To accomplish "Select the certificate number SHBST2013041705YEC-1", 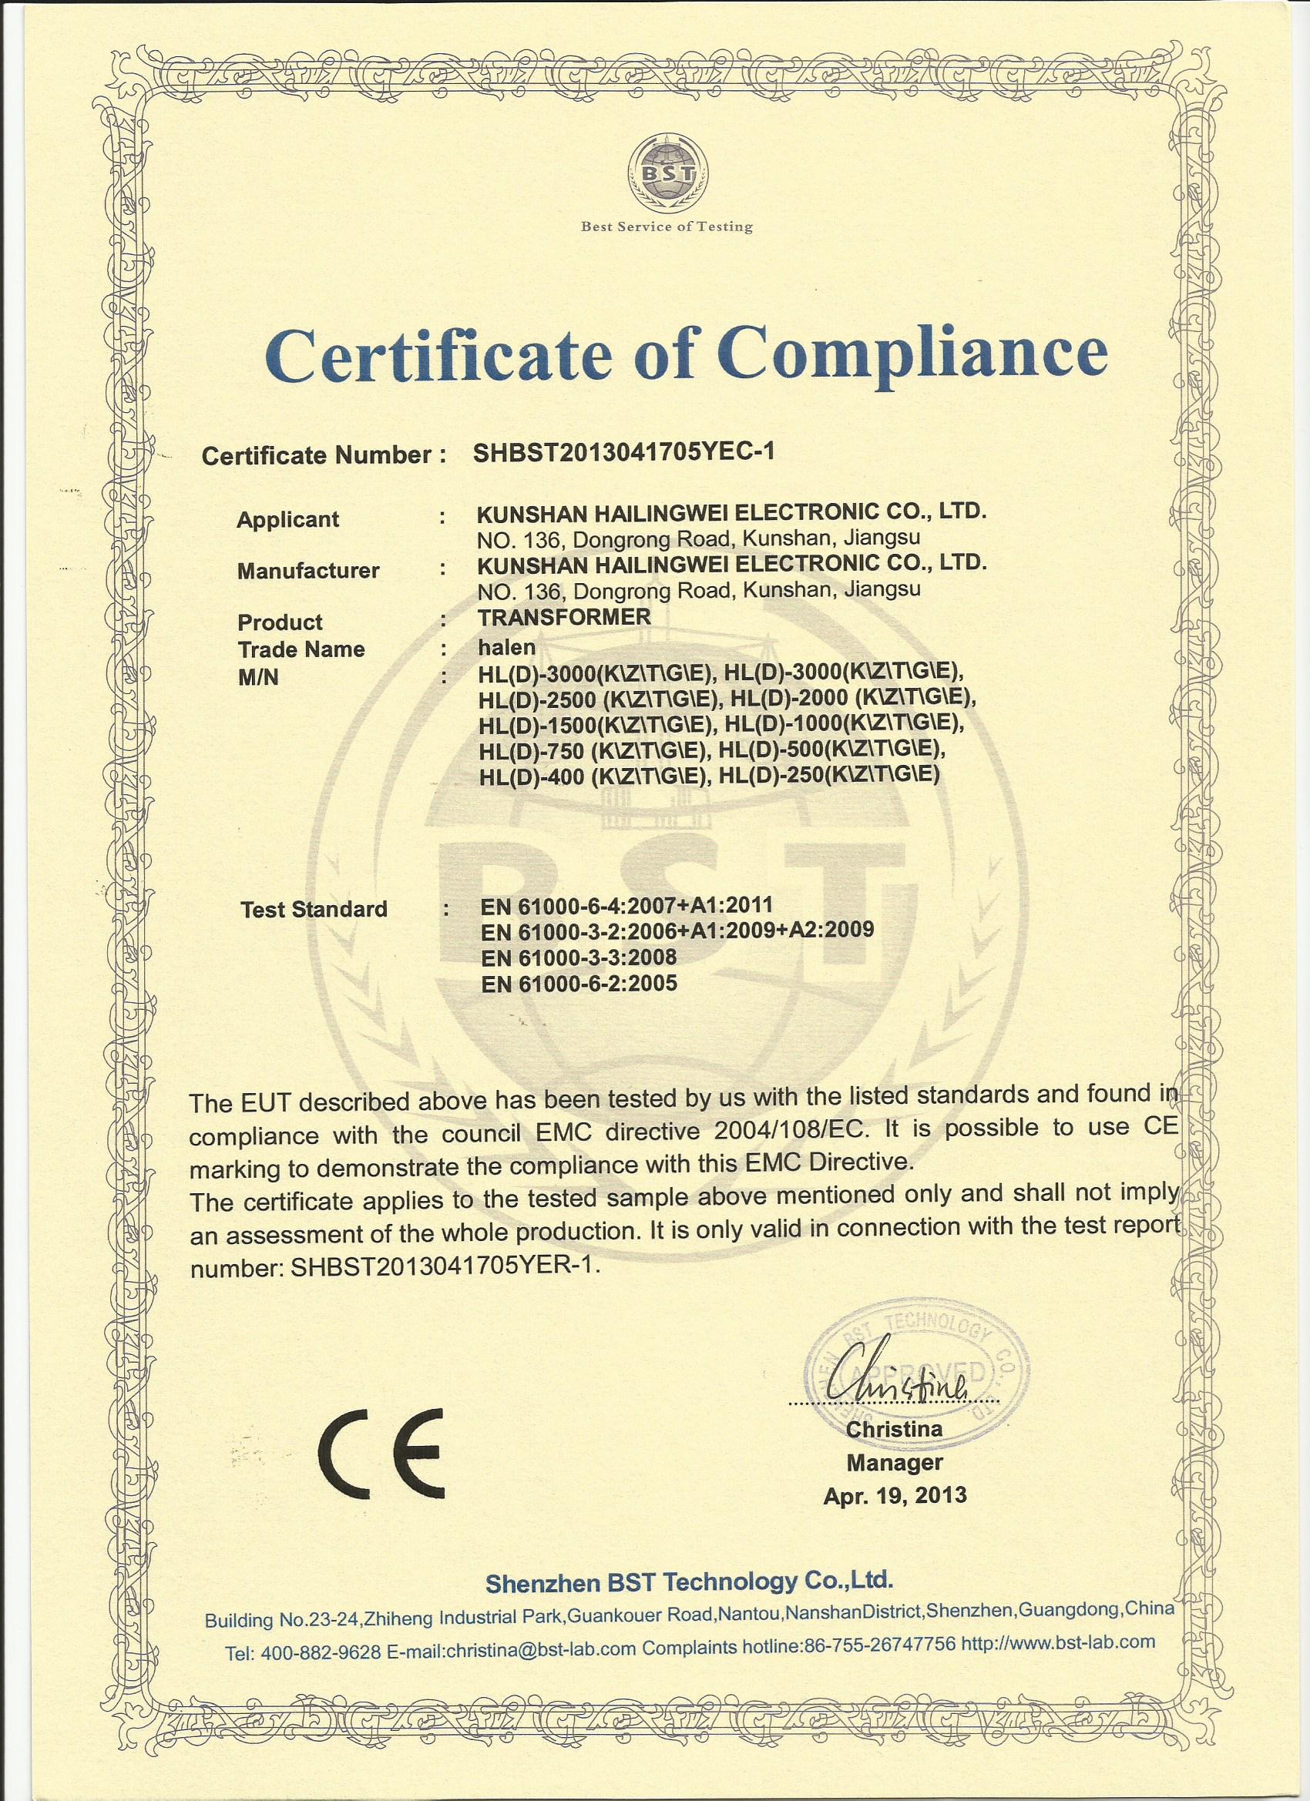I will click(623, 451).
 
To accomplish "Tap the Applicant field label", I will click(287, 519).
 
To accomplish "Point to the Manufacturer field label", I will click(308, 570).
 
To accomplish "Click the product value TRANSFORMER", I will click(564, 616).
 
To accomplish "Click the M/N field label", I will click(258, 677).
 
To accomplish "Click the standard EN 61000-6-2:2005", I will click(580, 983).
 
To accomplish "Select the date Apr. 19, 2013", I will click(895, 1495).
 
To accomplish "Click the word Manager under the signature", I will click(895, 1461).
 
